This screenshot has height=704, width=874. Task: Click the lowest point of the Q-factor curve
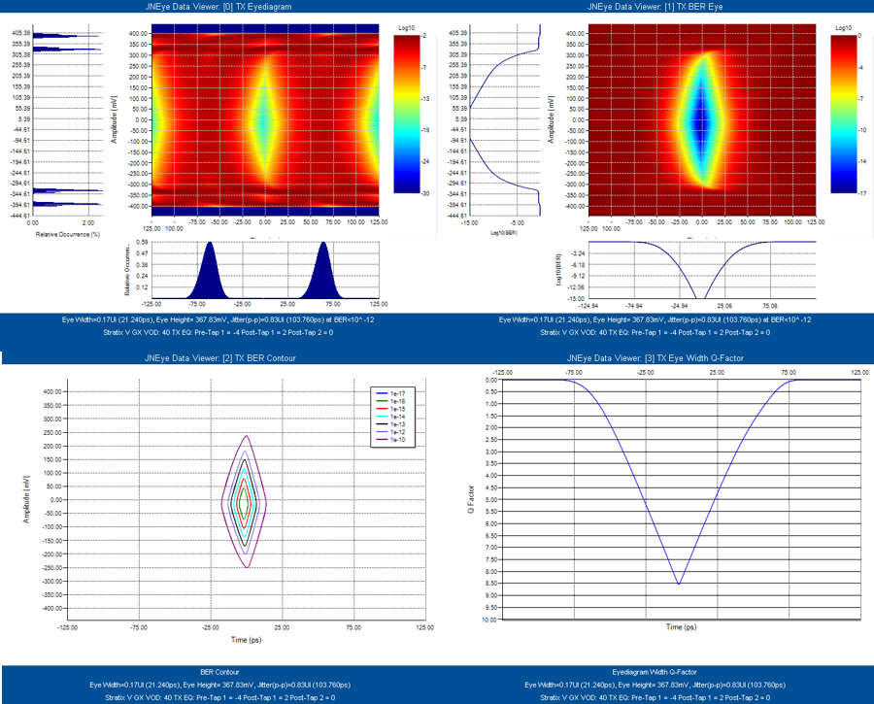[x=679, y=584]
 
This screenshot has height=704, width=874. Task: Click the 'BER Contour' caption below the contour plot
[x=219, y=671]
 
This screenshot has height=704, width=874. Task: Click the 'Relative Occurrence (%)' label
[x=61, y=235]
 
